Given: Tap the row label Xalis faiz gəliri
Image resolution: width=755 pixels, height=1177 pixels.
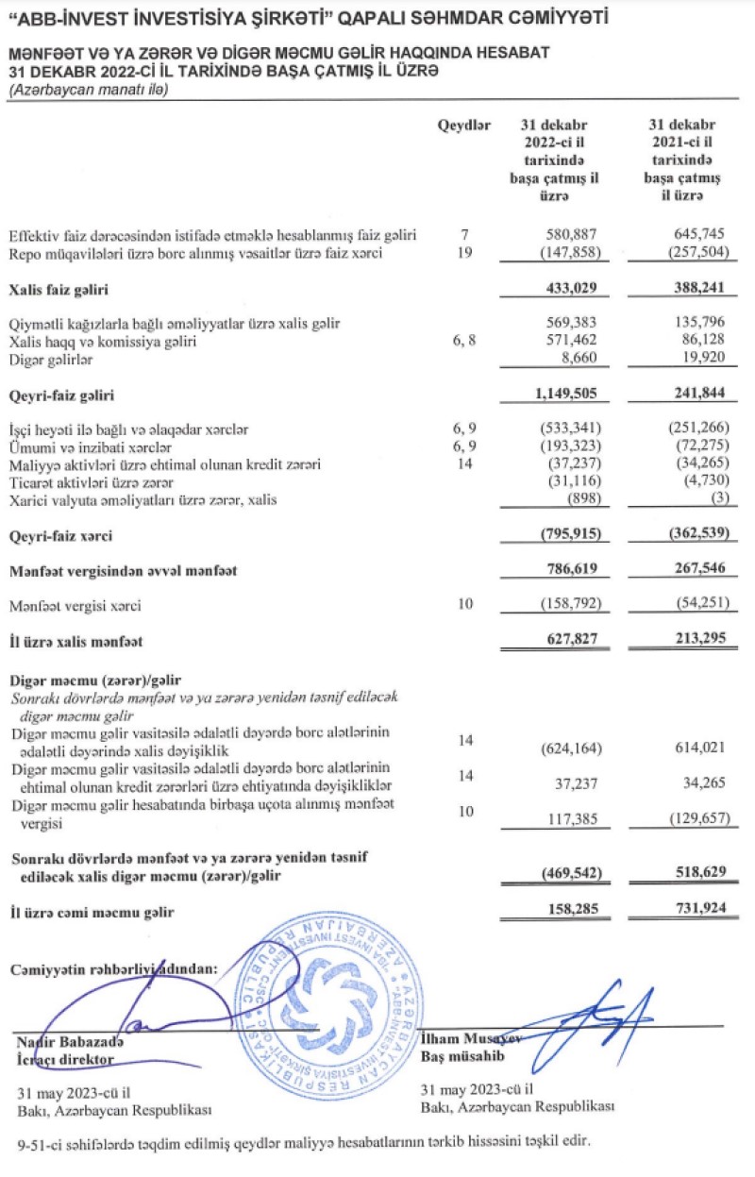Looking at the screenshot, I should point(53,289).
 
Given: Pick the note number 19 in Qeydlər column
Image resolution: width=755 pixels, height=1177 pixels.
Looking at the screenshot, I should point(462,253).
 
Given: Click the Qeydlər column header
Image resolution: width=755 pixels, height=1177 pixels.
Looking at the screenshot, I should point(463,126).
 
